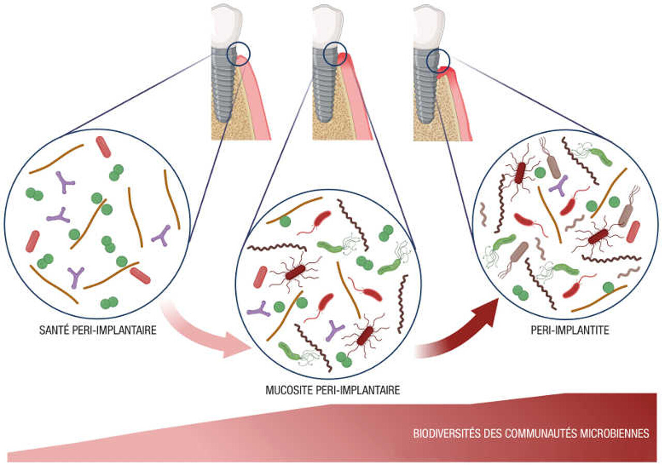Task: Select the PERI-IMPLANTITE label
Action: click(x=570, y=330)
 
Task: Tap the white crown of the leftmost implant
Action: click(x=226, y=23)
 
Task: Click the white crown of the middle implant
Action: click(x=327, y=23)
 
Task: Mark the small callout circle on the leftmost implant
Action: click(x=239, y=53)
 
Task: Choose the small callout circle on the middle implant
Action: click(x=334, y=53)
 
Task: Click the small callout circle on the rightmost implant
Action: click(x=437, y=60)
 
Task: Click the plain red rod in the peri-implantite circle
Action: click(x=633, y=231)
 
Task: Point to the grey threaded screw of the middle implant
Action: click(x=325, y=88)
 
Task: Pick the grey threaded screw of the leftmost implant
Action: click(x=223, y=88)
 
